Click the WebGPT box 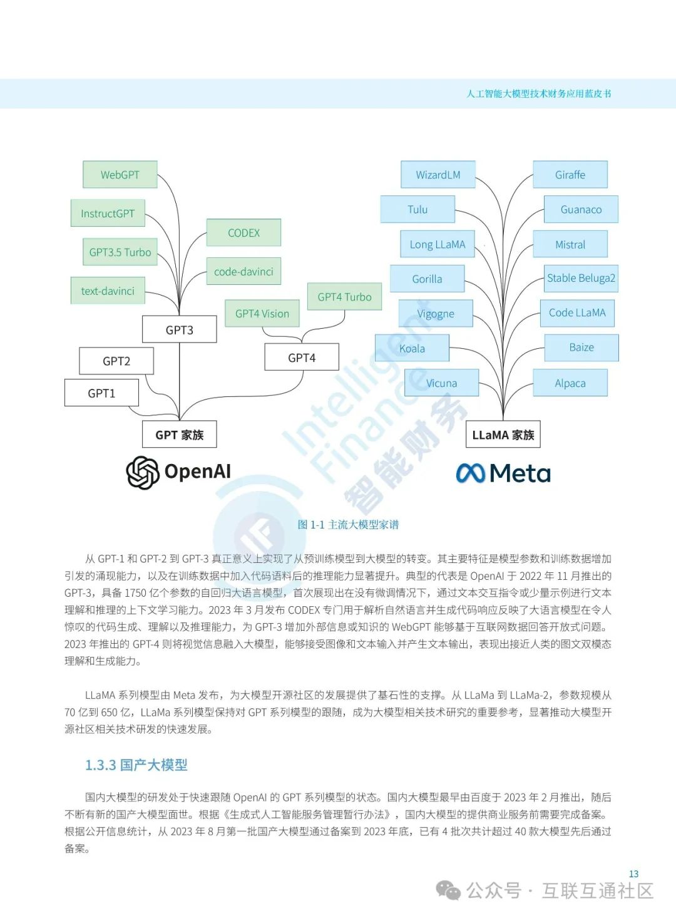[x=120, y=175]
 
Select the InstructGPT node [x=108, y=214]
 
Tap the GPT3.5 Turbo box [x=120, y=252]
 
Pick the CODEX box [x=243, y=233]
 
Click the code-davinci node [x=243, y=272]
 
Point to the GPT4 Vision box [x=262, y=314]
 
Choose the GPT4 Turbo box [x=344, y=297]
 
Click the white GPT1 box [x=101, y=393]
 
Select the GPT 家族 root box [x=180, y=435]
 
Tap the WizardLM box [x=438, y=175]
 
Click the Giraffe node [x=570, y=175]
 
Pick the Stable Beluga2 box [x=581, y=278]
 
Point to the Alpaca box [x=570, y=383]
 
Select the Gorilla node [x=427, y=279]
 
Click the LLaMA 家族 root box [x=503, y=435]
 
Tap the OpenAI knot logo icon [x=143, y=472]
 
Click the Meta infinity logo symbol [x=471, y=473]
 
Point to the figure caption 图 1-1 [x=348, y=525]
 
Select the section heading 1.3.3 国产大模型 [x=136, y=765]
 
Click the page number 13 [x=633, y=874]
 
